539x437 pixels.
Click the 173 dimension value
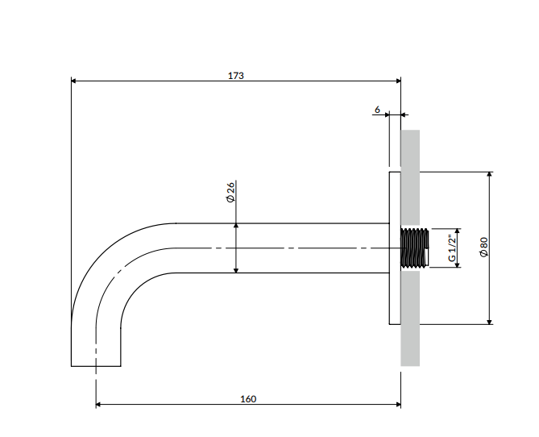coord(236,75)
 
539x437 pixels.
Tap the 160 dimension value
coord(248,399)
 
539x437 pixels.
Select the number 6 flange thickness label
coord(377,110)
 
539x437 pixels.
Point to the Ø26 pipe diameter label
coord(230,192)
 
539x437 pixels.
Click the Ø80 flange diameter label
coord(483,247)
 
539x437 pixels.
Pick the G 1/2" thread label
coord(452,248)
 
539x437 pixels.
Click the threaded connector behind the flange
coord(415,248)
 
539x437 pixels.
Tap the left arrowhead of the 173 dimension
coord(73,81)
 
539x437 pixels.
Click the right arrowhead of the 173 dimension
coord(398,81)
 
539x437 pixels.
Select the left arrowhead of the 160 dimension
coord(98,404)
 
